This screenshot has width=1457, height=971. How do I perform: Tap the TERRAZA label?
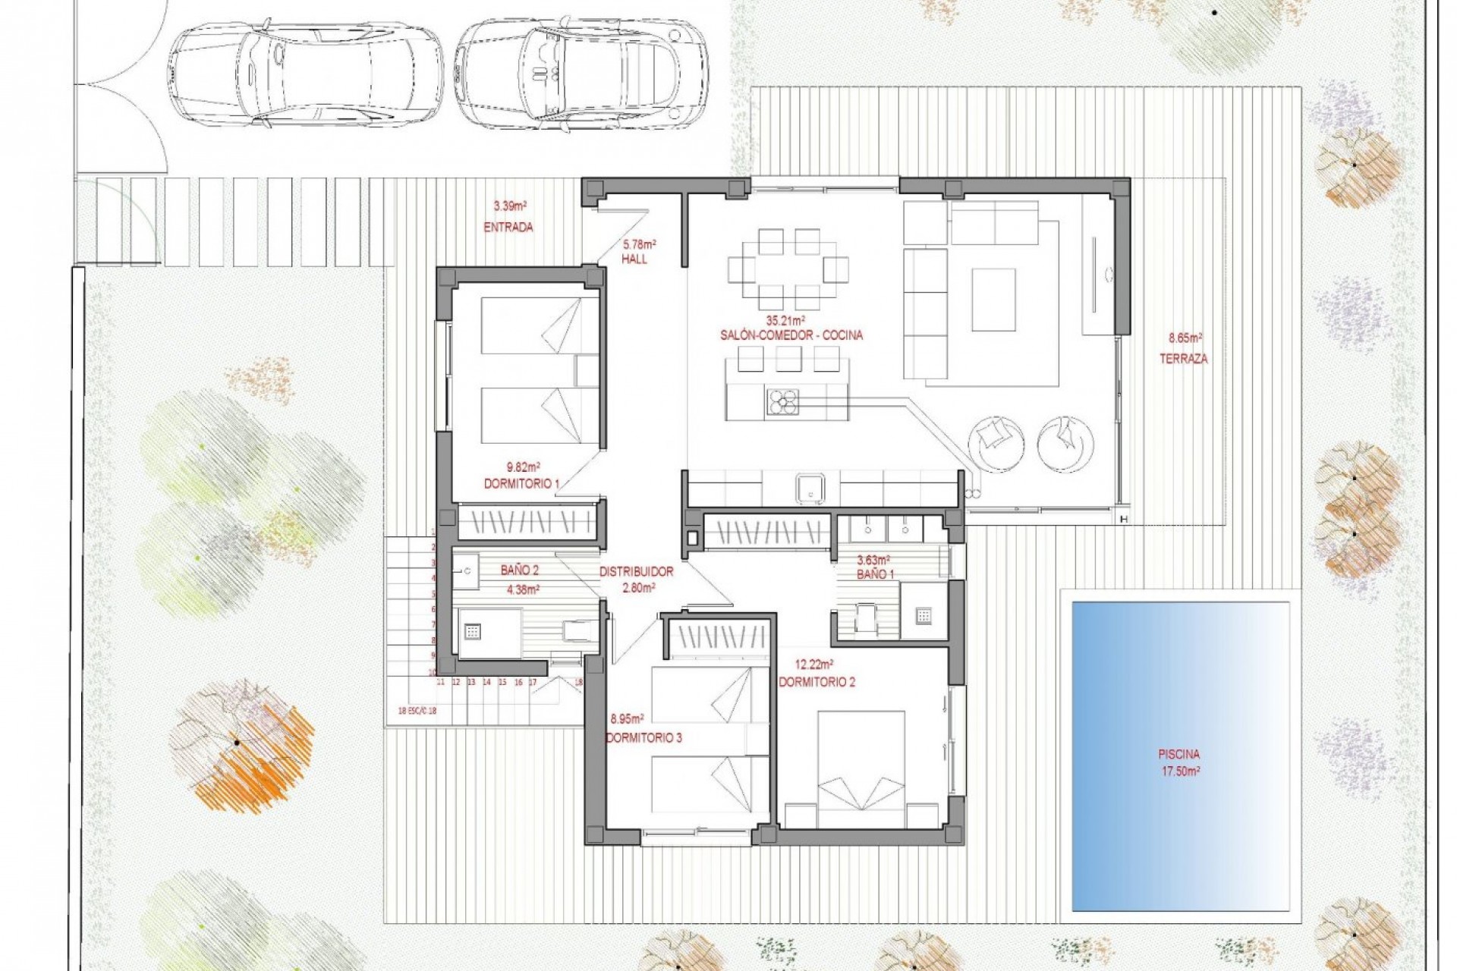pyautogui.click(x=1183, y=359)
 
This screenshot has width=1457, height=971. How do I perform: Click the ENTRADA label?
pyautogui.click(x=508, y=227)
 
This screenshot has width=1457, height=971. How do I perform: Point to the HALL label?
pyautogui.click(x=634, y=259)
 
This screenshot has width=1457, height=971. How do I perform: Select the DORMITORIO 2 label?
pyautogui.click(x=817, y=682)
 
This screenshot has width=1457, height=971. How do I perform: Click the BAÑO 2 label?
pyautogui.click(x=520, y=570)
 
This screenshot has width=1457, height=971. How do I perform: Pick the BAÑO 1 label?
pyautogui.click(x=876, y=574)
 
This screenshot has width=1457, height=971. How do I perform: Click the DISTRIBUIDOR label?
pyautogui.click(x=636, y=572)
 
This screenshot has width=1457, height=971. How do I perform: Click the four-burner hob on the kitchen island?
pyautogui.click(x=782, y=402)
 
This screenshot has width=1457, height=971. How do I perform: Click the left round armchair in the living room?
pyautogui.click(x=996, y=442)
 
